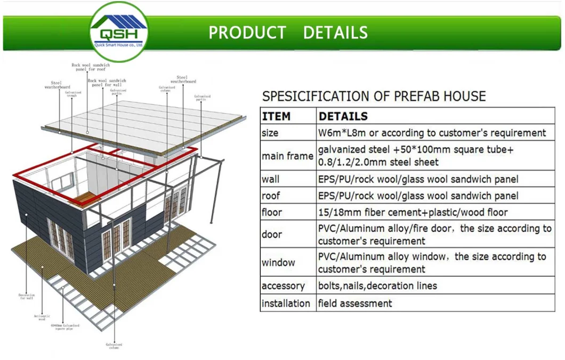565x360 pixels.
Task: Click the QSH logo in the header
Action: click(x=118, y=31)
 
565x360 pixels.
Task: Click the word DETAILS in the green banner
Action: click(x=335, y=33)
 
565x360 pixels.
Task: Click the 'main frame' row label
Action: click(x=287, y=156)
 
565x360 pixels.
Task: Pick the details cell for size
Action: click(x=432, y=133)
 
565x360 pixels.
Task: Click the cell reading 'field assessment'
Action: click(x=355, y=303)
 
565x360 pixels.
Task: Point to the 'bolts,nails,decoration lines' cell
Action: click(x=377, y=286)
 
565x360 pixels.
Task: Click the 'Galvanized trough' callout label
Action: click(x=73, y=94)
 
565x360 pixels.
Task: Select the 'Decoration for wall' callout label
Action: click(x=26, y=297)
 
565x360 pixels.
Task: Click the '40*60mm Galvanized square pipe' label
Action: click(x=65, y=326)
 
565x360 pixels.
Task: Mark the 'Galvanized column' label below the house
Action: click(x=114, y=346)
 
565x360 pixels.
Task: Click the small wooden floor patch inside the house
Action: click(x=87, y=198)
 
